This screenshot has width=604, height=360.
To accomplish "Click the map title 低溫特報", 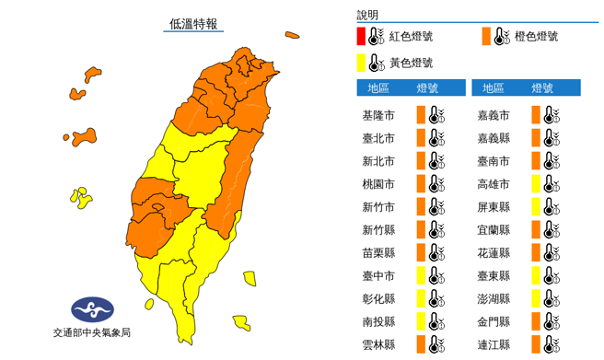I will click(x=194, y=24).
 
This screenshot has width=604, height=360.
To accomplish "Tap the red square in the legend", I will click(x=362, y=37).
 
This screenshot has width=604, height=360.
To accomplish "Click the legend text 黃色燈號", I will click(x=411, y=64).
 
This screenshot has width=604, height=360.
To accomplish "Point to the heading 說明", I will click(x=367, y=15).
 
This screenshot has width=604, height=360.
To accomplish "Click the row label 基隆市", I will click(x=378, y=115).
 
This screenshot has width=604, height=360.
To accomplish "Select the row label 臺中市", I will click(x=378, y=275).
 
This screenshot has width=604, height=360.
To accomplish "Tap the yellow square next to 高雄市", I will click(x=535, y=184).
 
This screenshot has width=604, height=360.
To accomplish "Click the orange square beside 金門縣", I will click(x=535, y=321).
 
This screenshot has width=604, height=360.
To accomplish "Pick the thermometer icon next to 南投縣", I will click(x=435, y=321).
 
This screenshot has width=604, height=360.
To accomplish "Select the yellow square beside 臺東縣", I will click(x=535, y=275).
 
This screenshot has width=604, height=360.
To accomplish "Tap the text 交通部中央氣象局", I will click(x=91, y=332).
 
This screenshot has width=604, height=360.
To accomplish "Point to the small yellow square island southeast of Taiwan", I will click(x=250, y=278).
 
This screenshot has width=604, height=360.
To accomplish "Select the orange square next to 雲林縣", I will click(x=420, y=344).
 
